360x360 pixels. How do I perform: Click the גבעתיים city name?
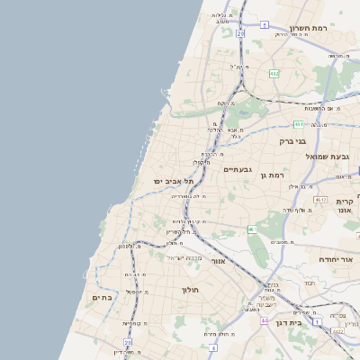tap(238, 169)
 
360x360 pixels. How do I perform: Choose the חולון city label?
tap(190, 290)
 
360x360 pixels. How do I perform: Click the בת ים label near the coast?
tap(102, 297)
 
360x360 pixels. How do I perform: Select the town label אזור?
tap(218, 261)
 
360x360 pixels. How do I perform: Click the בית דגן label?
tap(289, 321)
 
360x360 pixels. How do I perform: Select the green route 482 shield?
tap(274, 74)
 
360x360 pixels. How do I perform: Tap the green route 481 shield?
tap(298, 124)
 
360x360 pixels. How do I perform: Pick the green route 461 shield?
tap(253, 229)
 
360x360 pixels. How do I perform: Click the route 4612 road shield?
tap(320, 199)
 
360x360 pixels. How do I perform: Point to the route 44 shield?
tap(265, 320)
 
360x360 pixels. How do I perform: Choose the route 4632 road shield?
tap(338, 331)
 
